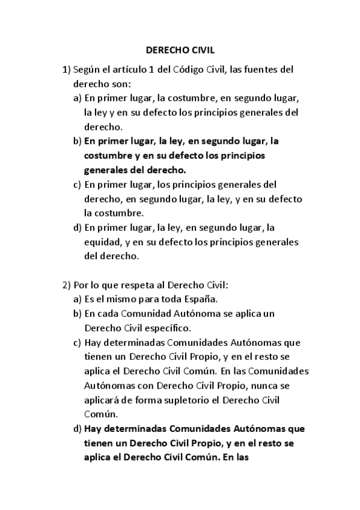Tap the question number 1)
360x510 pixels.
click(x=67, y=69)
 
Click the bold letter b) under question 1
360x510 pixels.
click(x=77, y=141)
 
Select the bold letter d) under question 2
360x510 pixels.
click(x=77, y=429)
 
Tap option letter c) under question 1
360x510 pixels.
click(x=77, y=185)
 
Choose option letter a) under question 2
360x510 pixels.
click(x=77, y=299)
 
